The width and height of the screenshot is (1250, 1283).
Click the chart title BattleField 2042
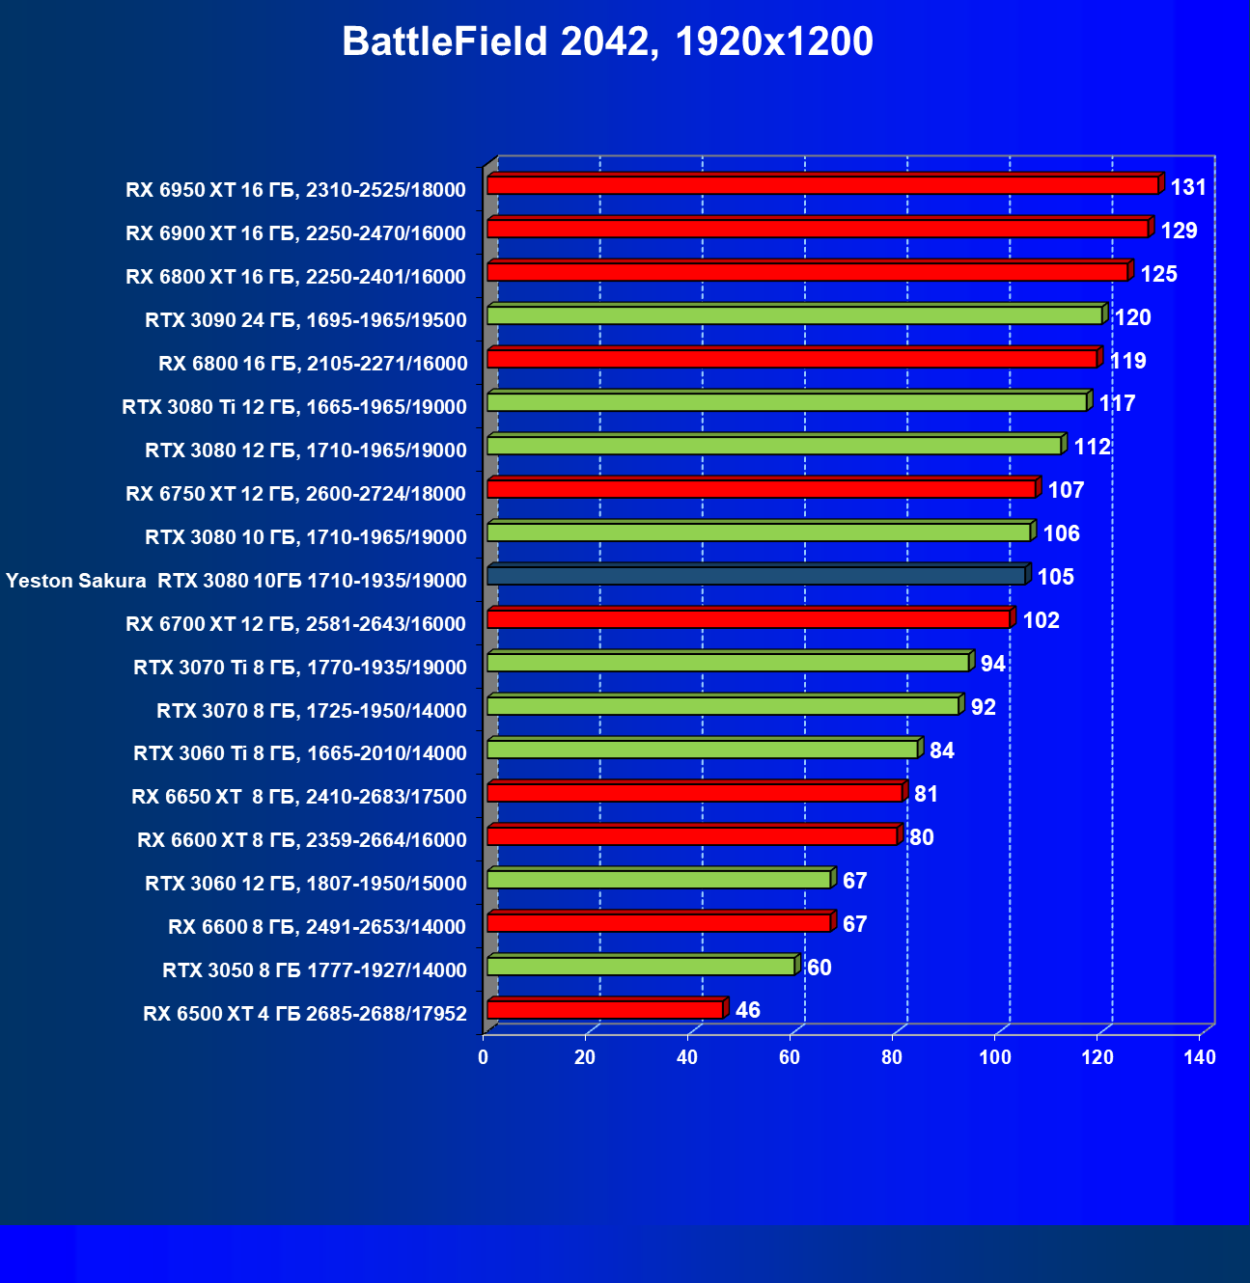(x=607, y=42)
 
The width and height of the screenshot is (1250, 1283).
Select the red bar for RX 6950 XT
(x=822, y=185)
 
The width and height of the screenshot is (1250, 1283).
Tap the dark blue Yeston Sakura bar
(x=756, y=576)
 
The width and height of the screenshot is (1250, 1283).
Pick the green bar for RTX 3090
(x=794, y=315)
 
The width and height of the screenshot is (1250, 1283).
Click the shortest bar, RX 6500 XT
(x=605, y=1010)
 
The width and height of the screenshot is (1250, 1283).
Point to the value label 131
(x=1188, y=187)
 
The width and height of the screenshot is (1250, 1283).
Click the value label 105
(x=1056, y=577)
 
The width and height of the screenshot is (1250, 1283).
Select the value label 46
(x=748, y=1010)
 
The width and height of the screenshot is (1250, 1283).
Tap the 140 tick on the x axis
(x=1200, y=1057)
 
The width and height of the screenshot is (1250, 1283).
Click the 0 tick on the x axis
(x=484, y=1057)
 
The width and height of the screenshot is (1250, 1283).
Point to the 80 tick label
(x=892, y=1057)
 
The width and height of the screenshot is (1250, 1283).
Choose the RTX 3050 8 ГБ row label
(x=315, y=970)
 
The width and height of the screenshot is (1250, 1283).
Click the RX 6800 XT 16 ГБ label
(x=295, y=277)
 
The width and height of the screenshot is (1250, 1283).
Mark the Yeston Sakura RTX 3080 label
(x=236, y=581)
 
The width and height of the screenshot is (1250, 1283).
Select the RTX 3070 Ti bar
(x=728, y=663)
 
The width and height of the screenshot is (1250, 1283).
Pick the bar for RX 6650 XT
(x=695, y=793)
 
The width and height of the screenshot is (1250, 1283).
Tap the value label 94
(x=992, y=664)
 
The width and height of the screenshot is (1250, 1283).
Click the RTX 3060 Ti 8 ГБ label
(x=300, y=753)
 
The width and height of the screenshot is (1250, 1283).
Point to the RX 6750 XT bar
(x=762, y=489)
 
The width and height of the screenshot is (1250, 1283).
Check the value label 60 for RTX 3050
(x=819, y=968)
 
